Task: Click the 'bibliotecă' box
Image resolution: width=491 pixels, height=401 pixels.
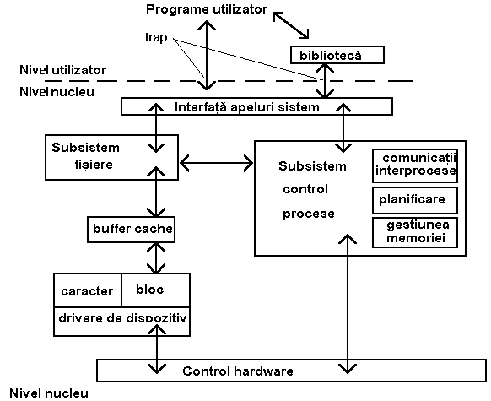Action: (337, 55)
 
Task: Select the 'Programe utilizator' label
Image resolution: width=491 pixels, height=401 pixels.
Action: (207, 9)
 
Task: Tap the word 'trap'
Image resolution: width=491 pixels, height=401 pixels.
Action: (156, 38)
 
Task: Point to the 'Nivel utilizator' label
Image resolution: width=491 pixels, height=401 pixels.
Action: (63, 69)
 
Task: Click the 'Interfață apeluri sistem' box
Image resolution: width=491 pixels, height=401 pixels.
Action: (256, 106)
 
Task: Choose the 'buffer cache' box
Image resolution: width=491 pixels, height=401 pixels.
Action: (131, 230)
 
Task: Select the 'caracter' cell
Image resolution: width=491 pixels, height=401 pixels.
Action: (88, 290)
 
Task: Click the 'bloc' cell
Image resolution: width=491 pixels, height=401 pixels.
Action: (155, 290)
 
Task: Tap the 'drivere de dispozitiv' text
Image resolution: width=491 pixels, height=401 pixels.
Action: (122, 318)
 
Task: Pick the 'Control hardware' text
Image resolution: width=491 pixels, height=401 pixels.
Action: (238, 371)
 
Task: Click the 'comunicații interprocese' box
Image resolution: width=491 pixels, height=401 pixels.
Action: (415, 165)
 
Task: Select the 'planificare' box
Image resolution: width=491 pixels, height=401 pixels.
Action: (415, 201)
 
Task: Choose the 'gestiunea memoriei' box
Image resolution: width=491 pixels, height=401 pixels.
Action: (415, 232)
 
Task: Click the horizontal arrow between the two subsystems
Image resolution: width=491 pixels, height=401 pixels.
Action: (216, 163)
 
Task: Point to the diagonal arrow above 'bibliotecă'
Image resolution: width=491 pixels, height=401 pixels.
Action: (291, 25)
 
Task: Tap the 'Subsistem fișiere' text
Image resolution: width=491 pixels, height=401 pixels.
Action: (85, 155)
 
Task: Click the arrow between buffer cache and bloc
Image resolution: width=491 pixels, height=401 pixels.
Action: (156, 258)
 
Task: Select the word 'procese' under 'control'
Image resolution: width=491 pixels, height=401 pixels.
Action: (309, 214)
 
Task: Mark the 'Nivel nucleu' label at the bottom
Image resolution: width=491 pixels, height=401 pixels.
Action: (49, 393)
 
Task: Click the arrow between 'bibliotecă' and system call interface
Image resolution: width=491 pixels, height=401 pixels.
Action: (325, 81)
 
